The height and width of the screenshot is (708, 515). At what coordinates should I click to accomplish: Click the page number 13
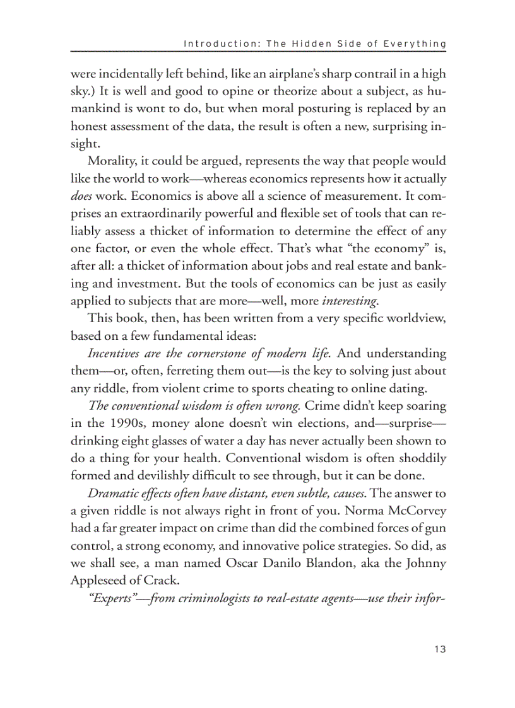tap(440, 649)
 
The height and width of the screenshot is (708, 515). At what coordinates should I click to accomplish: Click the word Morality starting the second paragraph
tap(112, 161)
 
